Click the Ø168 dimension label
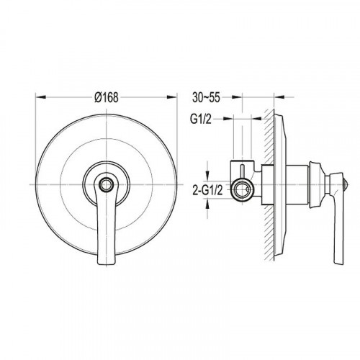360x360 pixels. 107,97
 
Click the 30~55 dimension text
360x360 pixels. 206,97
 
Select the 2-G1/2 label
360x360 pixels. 208,191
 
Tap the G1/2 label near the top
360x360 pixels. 201,119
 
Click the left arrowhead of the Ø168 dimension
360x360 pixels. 40,97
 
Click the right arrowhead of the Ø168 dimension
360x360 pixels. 172,97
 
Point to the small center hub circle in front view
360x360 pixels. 107,184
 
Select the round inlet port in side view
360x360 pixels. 242,189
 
